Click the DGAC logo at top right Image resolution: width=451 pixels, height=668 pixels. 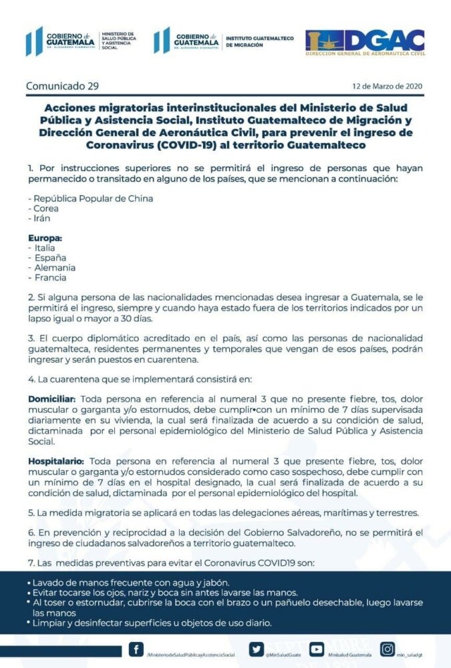pyautogui.click(x=365, y=41)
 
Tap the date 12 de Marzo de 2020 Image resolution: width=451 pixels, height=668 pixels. pyautogui.click(x=387, y=87)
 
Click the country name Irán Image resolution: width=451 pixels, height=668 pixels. pyautogui.click(x=41, y=218)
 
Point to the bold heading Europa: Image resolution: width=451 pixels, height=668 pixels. pyautogui.click(x=45, y=238)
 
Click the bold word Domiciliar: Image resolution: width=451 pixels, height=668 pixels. pyautogui.click(x=55, y=398)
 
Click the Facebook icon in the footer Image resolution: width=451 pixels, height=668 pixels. pyautogui.click(x=136, y=649)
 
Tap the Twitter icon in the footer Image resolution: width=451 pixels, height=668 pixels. pyautogui.click(x=256, y=649)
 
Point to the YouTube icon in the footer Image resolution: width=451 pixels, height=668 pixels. pyautogui.click(x=317, y=649)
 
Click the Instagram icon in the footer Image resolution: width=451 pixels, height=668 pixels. pyautogui.click(x=387, y=649)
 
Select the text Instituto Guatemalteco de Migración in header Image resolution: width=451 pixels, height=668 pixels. pyautogui.click(x=260, y=41)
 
